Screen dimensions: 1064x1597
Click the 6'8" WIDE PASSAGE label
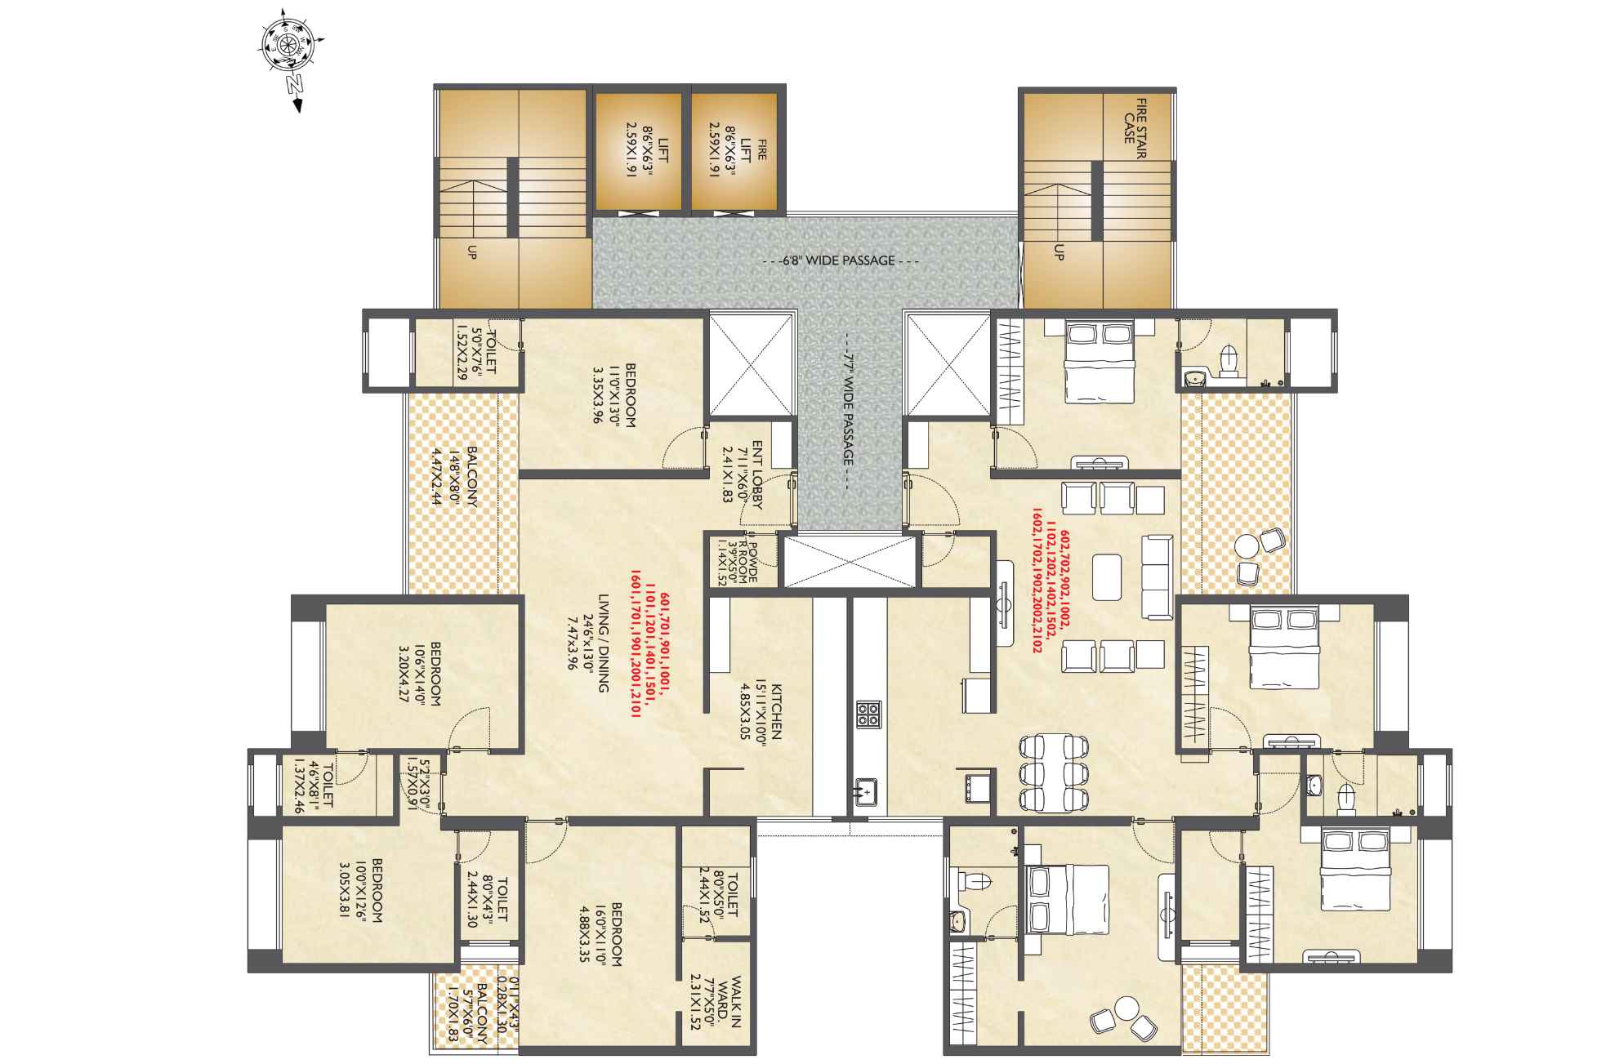coord(840,261)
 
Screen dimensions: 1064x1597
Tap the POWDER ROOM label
coord(743,561)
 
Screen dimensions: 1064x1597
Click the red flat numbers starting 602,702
coord(1049,591)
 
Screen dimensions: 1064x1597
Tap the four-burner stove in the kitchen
coord(868,715)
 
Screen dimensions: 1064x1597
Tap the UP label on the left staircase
coord(471,255)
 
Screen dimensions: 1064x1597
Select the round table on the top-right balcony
coord(1247,545)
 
